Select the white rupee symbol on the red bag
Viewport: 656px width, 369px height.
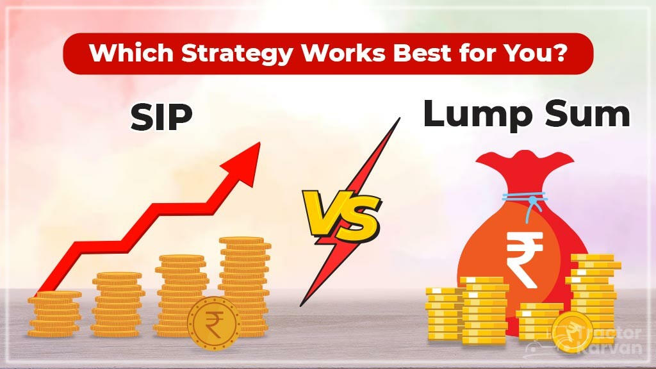coord(523,258)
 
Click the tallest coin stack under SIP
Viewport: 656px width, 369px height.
coord(244,282)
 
